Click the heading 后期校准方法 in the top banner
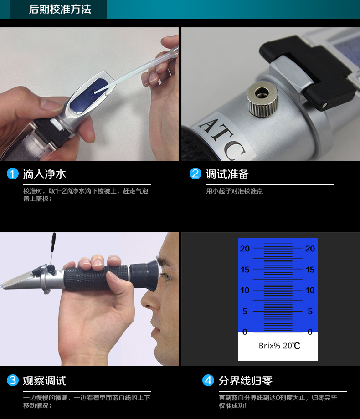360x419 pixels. click(60, 10)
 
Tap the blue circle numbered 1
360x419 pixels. click(13, 174)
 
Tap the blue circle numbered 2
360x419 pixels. click(195, 174)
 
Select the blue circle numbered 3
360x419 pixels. click(13, 380)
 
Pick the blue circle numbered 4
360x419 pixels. click(208, 380)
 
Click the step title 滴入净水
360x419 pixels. click(44, 174)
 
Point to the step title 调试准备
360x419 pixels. click(227, 174)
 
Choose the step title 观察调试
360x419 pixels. click(44, 381)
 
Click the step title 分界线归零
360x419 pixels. click(246, 381)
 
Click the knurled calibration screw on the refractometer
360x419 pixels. click(262, 99)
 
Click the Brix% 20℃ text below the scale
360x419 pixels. click(279, 346)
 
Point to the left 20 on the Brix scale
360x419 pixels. click(245, 249)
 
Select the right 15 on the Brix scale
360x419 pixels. click(310, 270)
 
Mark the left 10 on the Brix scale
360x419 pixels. click(245, 290)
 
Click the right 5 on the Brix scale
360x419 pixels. click(310, 311)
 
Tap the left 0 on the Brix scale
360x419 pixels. click(245, 332)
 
